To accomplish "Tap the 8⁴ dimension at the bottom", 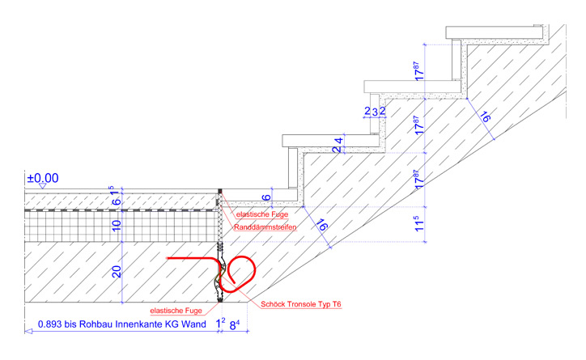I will (x=236, y=324).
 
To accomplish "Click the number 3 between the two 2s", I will (x=375, y=110).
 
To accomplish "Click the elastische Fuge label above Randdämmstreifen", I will (x=261, y=214).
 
